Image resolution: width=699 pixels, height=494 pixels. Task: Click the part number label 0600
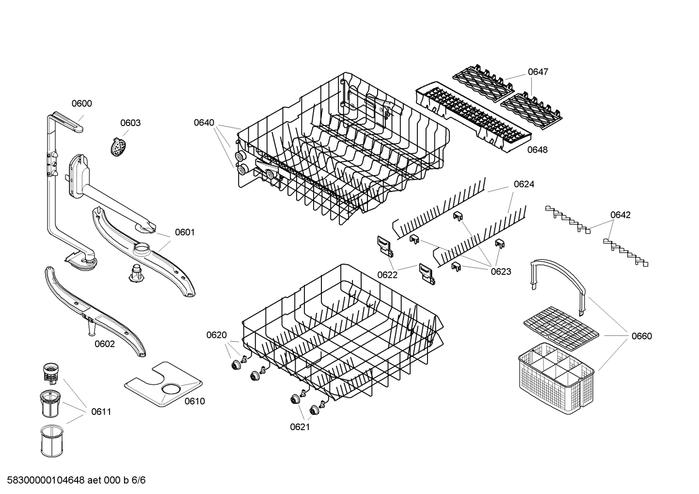(x=81, y=103)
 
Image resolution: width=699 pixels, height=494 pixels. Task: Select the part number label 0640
(x=204, y=123)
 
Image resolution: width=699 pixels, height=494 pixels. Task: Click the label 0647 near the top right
(x=538, y=72)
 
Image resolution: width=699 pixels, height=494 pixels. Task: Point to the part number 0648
(x=537, y=150)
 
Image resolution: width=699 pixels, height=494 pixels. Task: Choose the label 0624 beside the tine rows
(x=524, y=184)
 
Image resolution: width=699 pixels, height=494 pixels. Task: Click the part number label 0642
(x=620, y=215)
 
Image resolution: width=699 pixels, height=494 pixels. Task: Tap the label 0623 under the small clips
(x=501, y=271)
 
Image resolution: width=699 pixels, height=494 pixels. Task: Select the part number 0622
(x=387, y=275)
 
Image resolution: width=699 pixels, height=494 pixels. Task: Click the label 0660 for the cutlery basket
(x=642, y=336)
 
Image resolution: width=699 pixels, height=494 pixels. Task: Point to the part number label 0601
(x=184, y=232)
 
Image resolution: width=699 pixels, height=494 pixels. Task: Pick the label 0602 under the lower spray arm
(x=105, y=344)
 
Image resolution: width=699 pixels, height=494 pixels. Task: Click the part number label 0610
(x=194, y=401)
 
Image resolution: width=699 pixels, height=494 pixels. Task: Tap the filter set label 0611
(x=101, y=412)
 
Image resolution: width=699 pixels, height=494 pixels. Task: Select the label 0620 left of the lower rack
(x=216, y=335)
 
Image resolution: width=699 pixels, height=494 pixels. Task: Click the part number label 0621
(x=300, y=427)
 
